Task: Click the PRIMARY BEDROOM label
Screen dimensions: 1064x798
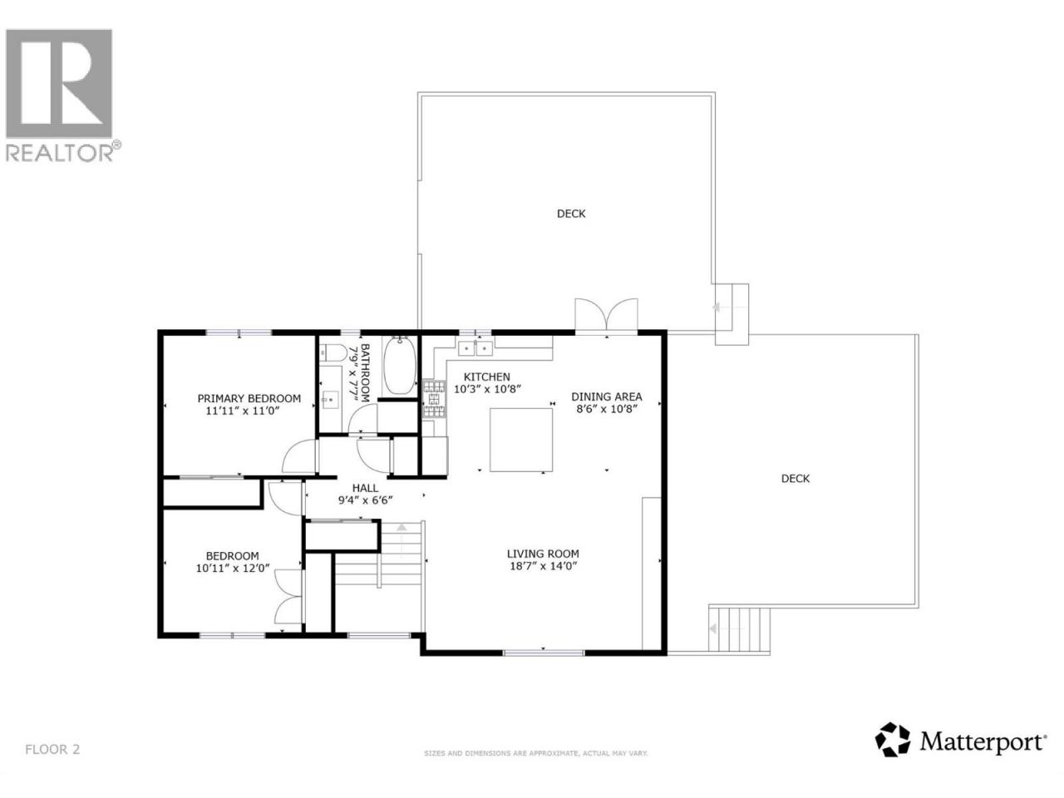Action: pos(249,398)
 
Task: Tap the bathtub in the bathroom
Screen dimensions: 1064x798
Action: pos(400,366)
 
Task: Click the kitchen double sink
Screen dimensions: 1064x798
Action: pos(475,348)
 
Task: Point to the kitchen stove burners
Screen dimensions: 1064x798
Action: pos(434,399)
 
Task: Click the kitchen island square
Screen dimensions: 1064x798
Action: pos(521,440)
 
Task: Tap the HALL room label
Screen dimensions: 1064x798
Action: pos(365,488)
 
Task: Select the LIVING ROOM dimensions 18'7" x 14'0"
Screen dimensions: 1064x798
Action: pos(544,565)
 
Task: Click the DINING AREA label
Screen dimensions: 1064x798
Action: pos(607,397)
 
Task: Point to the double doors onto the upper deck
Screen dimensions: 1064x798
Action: pos(606,315)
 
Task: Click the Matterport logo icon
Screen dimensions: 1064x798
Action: pos(893,753)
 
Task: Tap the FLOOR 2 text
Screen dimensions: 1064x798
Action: pos(52,763)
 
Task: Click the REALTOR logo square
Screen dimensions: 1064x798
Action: pos(59,83)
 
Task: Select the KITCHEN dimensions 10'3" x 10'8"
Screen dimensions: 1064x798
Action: pos(486,388)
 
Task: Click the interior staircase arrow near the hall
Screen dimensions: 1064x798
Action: pos(401,540)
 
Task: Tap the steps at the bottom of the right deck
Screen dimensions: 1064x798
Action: pos(739,629)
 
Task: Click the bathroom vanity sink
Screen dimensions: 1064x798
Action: pos(331,400)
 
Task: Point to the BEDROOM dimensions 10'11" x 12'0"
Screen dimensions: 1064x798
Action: pos(232,568)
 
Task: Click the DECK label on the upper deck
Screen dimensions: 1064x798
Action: pos(571,214)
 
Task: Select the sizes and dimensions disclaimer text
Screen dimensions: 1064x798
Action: pos(535,766)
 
